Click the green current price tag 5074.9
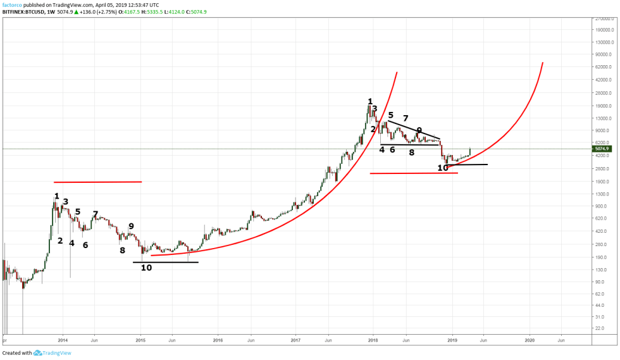[x=602, y=149]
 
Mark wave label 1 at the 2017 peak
[x=370, y=101]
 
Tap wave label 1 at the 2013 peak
[x=57, y=196]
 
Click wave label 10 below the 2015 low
[x=146, y=268]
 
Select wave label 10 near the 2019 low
[x=443, y=168]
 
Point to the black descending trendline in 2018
[x=414, y=130]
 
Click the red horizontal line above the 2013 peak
[x=98, y=182]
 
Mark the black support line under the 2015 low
[x=166, y=262]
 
